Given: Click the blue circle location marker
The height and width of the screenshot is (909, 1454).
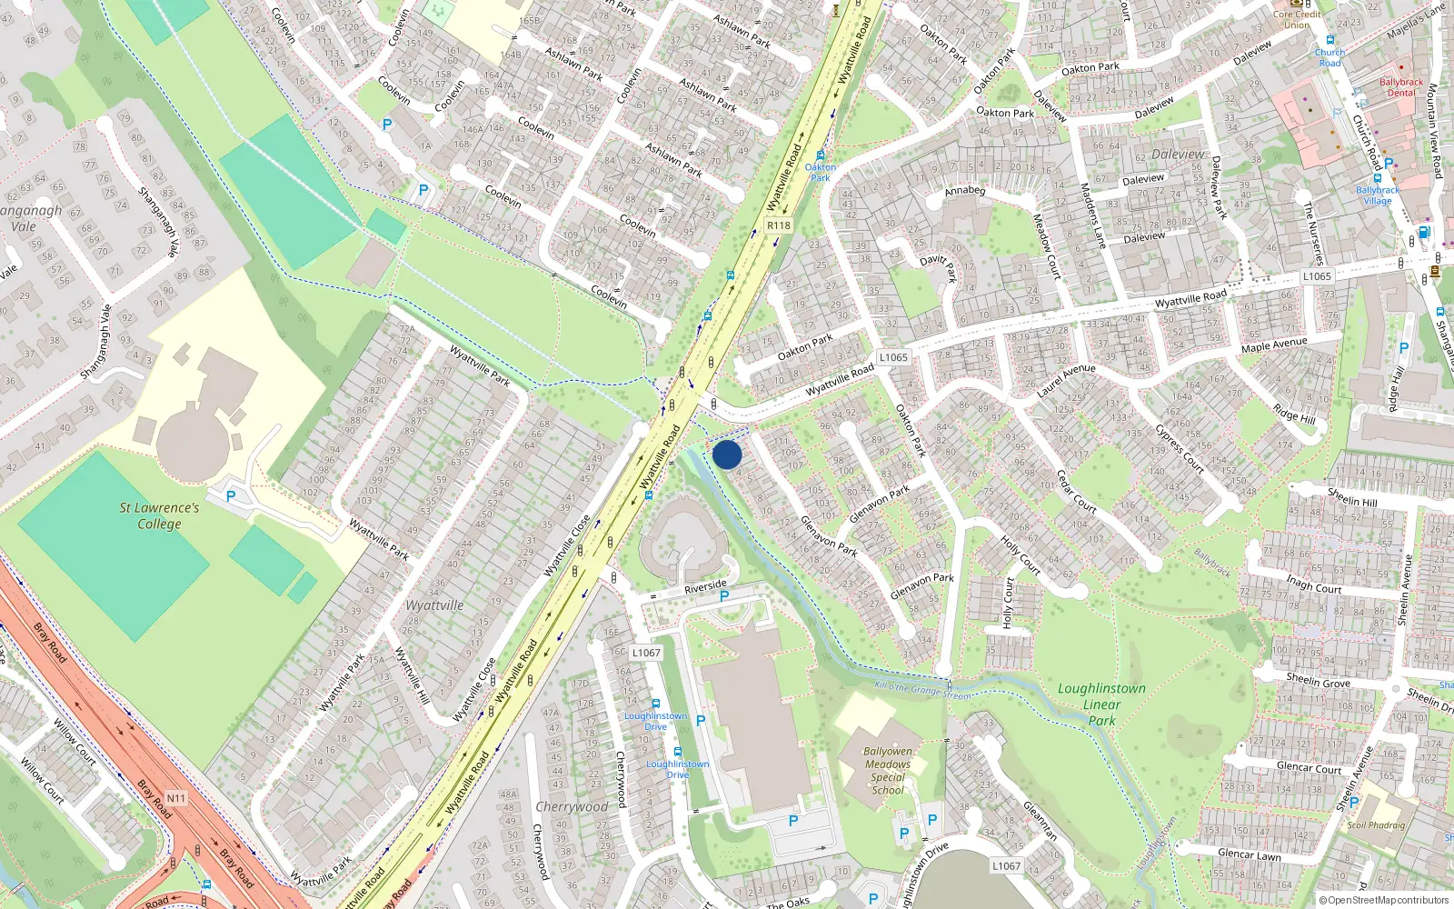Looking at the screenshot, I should point(727,454).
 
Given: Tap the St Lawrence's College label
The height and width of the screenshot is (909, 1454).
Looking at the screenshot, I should point(159,515).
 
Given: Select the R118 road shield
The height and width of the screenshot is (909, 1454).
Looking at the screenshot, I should point(779,225).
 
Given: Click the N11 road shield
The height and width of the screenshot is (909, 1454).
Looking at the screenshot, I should point(175,798).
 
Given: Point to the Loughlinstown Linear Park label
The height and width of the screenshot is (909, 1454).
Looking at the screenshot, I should point(1101,704).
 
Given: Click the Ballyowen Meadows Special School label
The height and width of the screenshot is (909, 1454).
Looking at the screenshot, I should point(887,771).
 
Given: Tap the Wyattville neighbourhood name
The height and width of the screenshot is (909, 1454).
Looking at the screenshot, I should point(434,605).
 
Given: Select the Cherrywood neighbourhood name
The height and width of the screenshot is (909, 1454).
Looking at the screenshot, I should point(572,806).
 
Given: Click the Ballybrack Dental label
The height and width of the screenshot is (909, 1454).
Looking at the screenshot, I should point(1401,87).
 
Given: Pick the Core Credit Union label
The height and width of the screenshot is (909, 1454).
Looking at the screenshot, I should point(1297,19).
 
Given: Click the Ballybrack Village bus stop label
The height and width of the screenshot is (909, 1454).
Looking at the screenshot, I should point(1378,195).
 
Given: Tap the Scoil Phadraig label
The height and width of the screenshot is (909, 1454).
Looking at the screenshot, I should point(1376,825).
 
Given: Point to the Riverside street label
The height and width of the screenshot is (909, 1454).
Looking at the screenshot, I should point(705,586).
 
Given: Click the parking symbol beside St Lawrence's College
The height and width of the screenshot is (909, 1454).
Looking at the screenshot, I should point(231,496).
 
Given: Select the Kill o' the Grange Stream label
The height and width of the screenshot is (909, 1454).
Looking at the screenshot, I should point(921,691).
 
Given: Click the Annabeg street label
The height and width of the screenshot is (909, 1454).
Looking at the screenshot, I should point(964,191).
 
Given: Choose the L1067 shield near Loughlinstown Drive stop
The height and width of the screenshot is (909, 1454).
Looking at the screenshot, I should point(646,653).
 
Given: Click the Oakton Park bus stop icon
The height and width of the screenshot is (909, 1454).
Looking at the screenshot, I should point(821,155).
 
